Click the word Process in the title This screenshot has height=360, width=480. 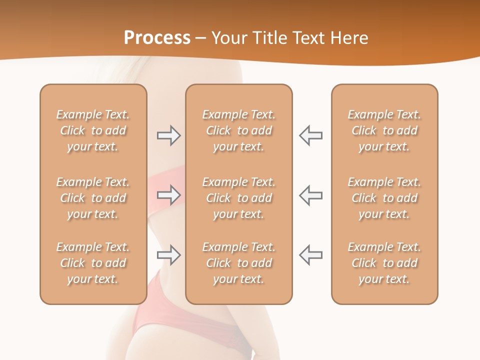point(157,38)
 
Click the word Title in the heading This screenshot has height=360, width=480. point(270,38)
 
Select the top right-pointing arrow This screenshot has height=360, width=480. point(168,135)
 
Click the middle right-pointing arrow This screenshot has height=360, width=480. point(168,194)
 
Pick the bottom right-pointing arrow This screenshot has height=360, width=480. point(168,255)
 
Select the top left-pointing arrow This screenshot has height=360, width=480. point(310,135)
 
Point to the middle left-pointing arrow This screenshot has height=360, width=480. point(310,194)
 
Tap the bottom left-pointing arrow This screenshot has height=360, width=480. point(310,254)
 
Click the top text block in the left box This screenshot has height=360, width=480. point(93,130)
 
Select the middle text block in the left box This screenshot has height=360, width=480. point(93,198)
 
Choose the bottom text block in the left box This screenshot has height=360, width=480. point(93,263)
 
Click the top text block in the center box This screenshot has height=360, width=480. point(239,130)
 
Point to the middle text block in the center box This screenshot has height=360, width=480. point(239,198)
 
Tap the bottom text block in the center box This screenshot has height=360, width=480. point(239,263)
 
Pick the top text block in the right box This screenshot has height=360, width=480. point(384,130)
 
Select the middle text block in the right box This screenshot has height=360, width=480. point(384,198)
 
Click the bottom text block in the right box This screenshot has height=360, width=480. point(384,263)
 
